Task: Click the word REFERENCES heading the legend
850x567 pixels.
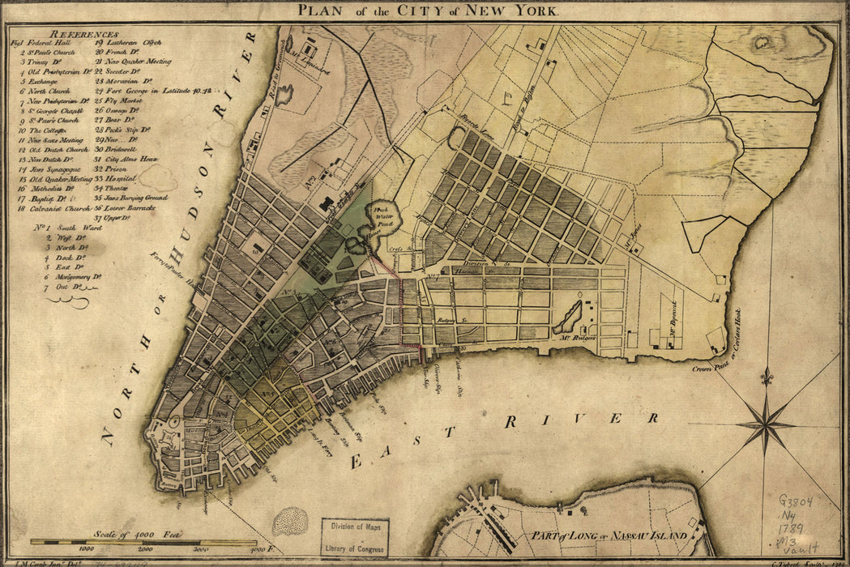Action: (x=83, y=35)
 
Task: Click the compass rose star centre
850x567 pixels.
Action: (x=765, y=422)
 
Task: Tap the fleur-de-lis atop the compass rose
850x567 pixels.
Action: (x=766, y=377)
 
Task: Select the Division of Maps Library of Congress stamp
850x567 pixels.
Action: (x=355, y=537)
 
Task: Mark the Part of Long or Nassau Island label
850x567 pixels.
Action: (x=609, y=535)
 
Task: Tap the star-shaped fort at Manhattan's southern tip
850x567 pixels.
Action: (x=170, y=438)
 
